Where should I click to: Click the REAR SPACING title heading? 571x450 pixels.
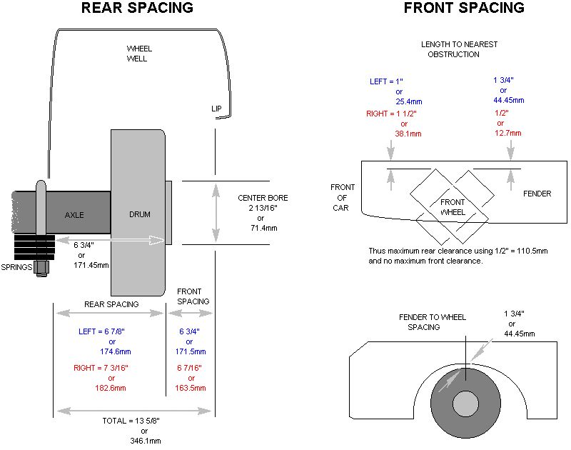(137, 8)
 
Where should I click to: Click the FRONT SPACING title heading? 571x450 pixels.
(465, 8)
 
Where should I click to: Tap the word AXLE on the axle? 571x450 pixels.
(74, 215)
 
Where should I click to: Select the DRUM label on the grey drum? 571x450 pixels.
(140, 214)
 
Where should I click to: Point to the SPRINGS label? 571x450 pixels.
(16, 267)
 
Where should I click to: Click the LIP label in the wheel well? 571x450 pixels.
(216, 109)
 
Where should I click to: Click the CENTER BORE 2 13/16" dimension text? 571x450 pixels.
(263, 203)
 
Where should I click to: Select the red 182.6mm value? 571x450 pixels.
(111, 388)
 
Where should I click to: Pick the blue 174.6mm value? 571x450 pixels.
(116, 351)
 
